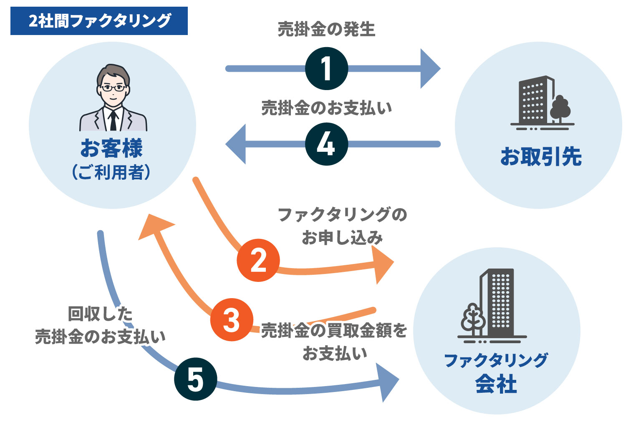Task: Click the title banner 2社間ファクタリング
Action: click(99, 21)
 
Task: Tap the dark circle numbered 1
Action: click(326, 68)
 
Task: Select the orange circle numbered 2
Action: click(258, 260)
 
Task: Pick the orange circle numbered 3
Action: click(231, 320)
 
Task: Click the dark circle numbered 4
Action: click(326, 144)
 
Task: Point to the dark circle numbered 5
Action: click(195, 379)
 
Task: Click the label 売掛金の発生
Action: click(326, 29)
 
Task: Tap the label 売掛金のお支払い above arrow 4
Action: click(326, 108)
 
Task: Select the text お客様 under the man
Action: click(111, 148)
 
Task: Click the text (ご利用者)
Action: click(111, 172)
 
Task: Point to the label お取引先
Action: click(541, 157)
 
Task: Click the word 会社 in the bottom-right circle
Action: click(496, 384)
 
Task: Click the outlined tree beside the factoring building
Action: click(473, 319)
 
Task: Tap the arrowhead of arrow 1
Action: click(430, 68)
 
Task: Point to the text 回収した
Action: click(100, 314)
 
